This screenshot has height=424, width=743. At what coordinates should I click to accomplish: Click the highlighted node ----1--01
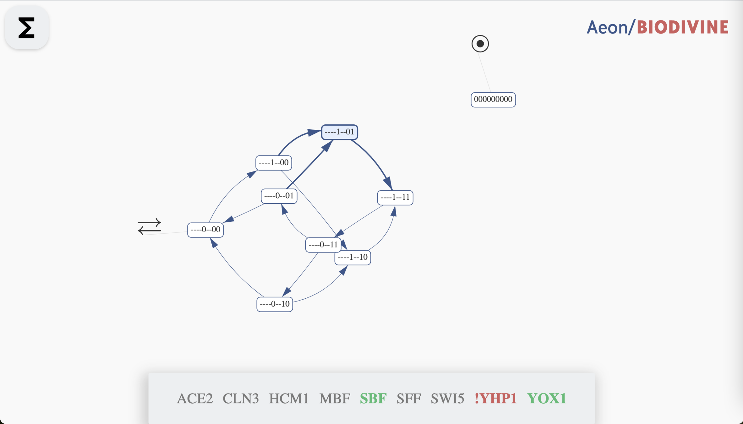click(x=339, y=132)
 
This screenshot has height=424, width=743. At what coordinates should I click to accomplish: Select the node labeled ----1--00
click(x=273, y=163)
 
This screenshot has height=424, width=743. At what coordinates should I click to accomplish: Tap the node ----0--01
click(x=279, y=196)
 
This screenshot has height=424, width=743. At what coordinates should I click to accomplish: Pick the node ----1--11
click(x=395, y=198)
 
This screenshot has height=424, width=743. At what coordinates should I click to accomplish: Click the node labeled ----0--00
click(x=205, y=230)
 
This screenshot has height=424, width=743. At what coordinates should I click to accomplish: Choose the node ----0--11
click(x=323, y=245)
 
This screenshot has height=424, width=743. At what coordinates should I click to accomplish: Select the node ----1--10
click(x=353, y=258)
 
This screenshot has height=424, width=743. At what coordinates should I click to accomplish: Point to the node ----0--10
click(x=275, y=304)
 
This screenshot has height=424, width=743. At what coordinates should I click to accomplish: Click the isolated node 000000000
click(x=493, y=100)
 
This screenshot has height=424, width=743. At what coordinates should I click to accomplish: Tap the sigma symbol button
click(x=26, y=28)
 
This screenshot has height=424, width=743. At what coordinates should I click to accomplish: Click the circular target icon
click(x=480, y=44)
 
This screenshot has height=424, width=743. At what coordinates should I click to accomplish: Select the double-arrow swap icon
click(x=149, y=226)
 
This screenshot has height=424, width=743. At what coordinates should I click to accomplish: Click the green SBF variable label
click(x=373, y=399)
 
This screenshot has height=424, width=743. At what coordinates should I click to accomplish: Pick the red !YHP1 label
click(x=496, y=399)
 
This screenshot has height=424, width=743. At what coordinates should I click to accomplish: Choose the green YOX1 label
click(x=547, y=399)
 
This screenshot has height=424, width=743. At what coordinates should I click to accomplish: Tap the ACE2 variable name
click(x=195, y=399)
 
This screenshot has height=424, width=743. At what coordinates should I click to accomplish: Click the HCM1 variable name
click(x=289, y=399)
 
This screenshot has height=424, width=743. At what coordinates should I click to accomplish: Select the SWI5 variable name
click(x=447, y=399)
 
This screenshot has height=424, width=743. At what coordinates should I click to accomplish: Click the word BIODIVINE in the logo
click(x=683, y=27)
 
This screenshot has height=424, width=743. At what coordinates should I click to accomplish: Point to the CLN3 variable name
click(x=241, y=399)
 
